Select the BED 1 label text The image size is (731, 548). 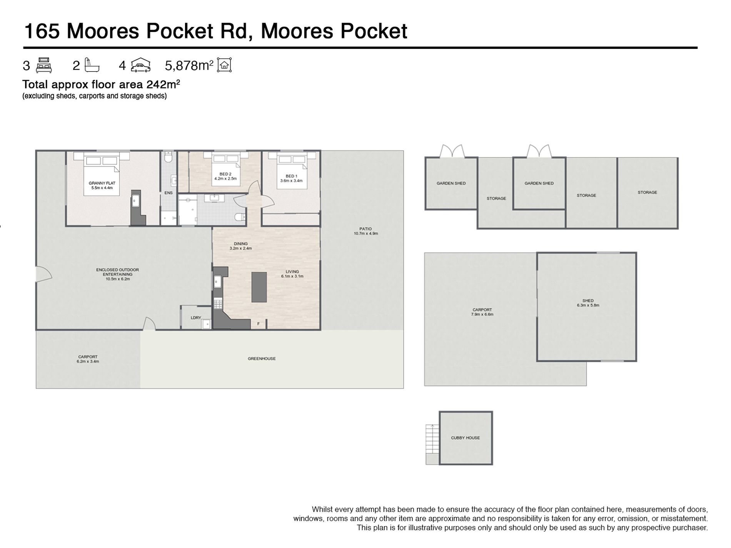291,176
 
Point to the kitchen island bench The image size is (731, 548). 259,287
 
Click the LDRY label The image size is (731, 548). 196,318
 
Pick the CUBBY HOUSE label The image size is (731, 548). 465,438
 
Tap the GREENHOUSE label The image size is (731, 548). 262,359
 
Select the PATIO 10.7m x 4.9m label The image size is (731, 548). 366,231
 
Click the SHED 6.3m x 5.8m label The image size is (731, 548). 588,303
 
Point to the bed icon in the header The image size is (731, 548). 44,65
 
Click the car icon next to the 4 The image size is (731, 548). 140,65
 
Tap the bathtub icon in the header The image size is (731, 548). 92,65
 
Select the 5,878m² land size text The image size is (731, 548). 189,65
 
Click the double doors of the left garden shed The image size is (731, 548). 452,151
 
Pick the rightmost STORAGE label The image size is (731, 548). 647,192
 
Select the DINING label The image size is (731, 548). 240,244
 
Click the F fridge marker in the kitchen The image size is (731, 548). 259,324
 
